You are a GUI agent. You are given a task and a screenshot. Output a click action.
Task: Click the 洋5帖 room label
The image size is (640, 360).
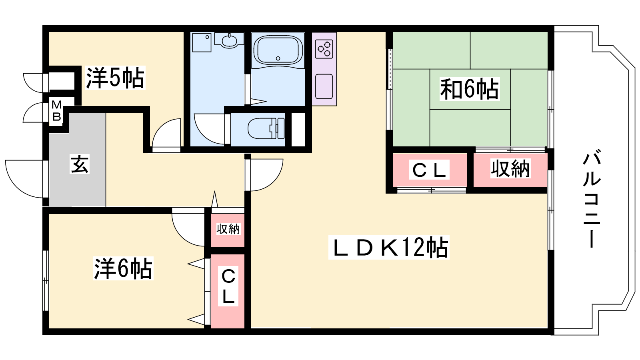coord(115,78)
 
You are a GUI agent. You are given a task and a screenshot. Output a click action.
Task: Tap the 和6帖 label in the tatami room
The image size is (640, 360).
coord(470,89)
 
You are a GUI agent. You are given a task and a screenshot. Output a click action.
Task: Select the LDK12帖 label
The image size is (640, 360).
coord(388,248)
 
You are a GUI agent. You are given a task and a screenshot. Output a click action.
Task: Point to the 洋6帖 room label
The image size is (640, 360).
coord(123,268)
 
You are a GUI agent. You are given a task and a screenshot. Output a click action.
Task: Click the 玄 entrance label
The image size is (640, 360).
coord(80,164)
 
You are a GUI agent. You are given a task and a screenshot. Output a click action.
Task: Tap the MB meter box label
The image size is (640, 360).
coord(56,111)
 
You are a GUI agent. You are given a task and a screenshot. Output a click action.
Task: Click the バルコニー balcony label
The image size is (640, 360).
coord(592,200)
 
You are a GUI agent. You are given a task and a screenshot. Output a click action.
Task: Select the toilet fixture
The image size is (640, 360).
coord(266,128)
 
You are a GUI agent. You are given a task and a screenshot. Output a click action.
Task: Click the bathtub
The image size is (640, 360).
coord(278,50)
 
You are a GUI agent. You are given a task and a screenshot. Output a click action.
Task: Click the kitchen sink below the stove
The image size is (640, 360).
coord(324,86)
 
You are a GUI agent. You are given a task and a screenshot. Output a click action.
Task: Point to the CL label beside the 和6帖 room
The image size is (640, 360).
coord(429,170)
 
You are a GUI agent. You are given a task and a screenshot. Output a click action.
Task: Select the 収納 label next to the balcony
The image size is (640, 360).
coord(510,168)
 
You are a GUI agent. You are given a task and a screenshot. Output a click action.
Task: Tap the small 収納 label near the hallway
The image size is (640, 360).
coord(228,229)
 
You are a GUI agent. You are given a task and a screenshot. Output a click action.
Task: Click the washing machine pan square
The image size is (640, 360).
coord(202,42)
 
